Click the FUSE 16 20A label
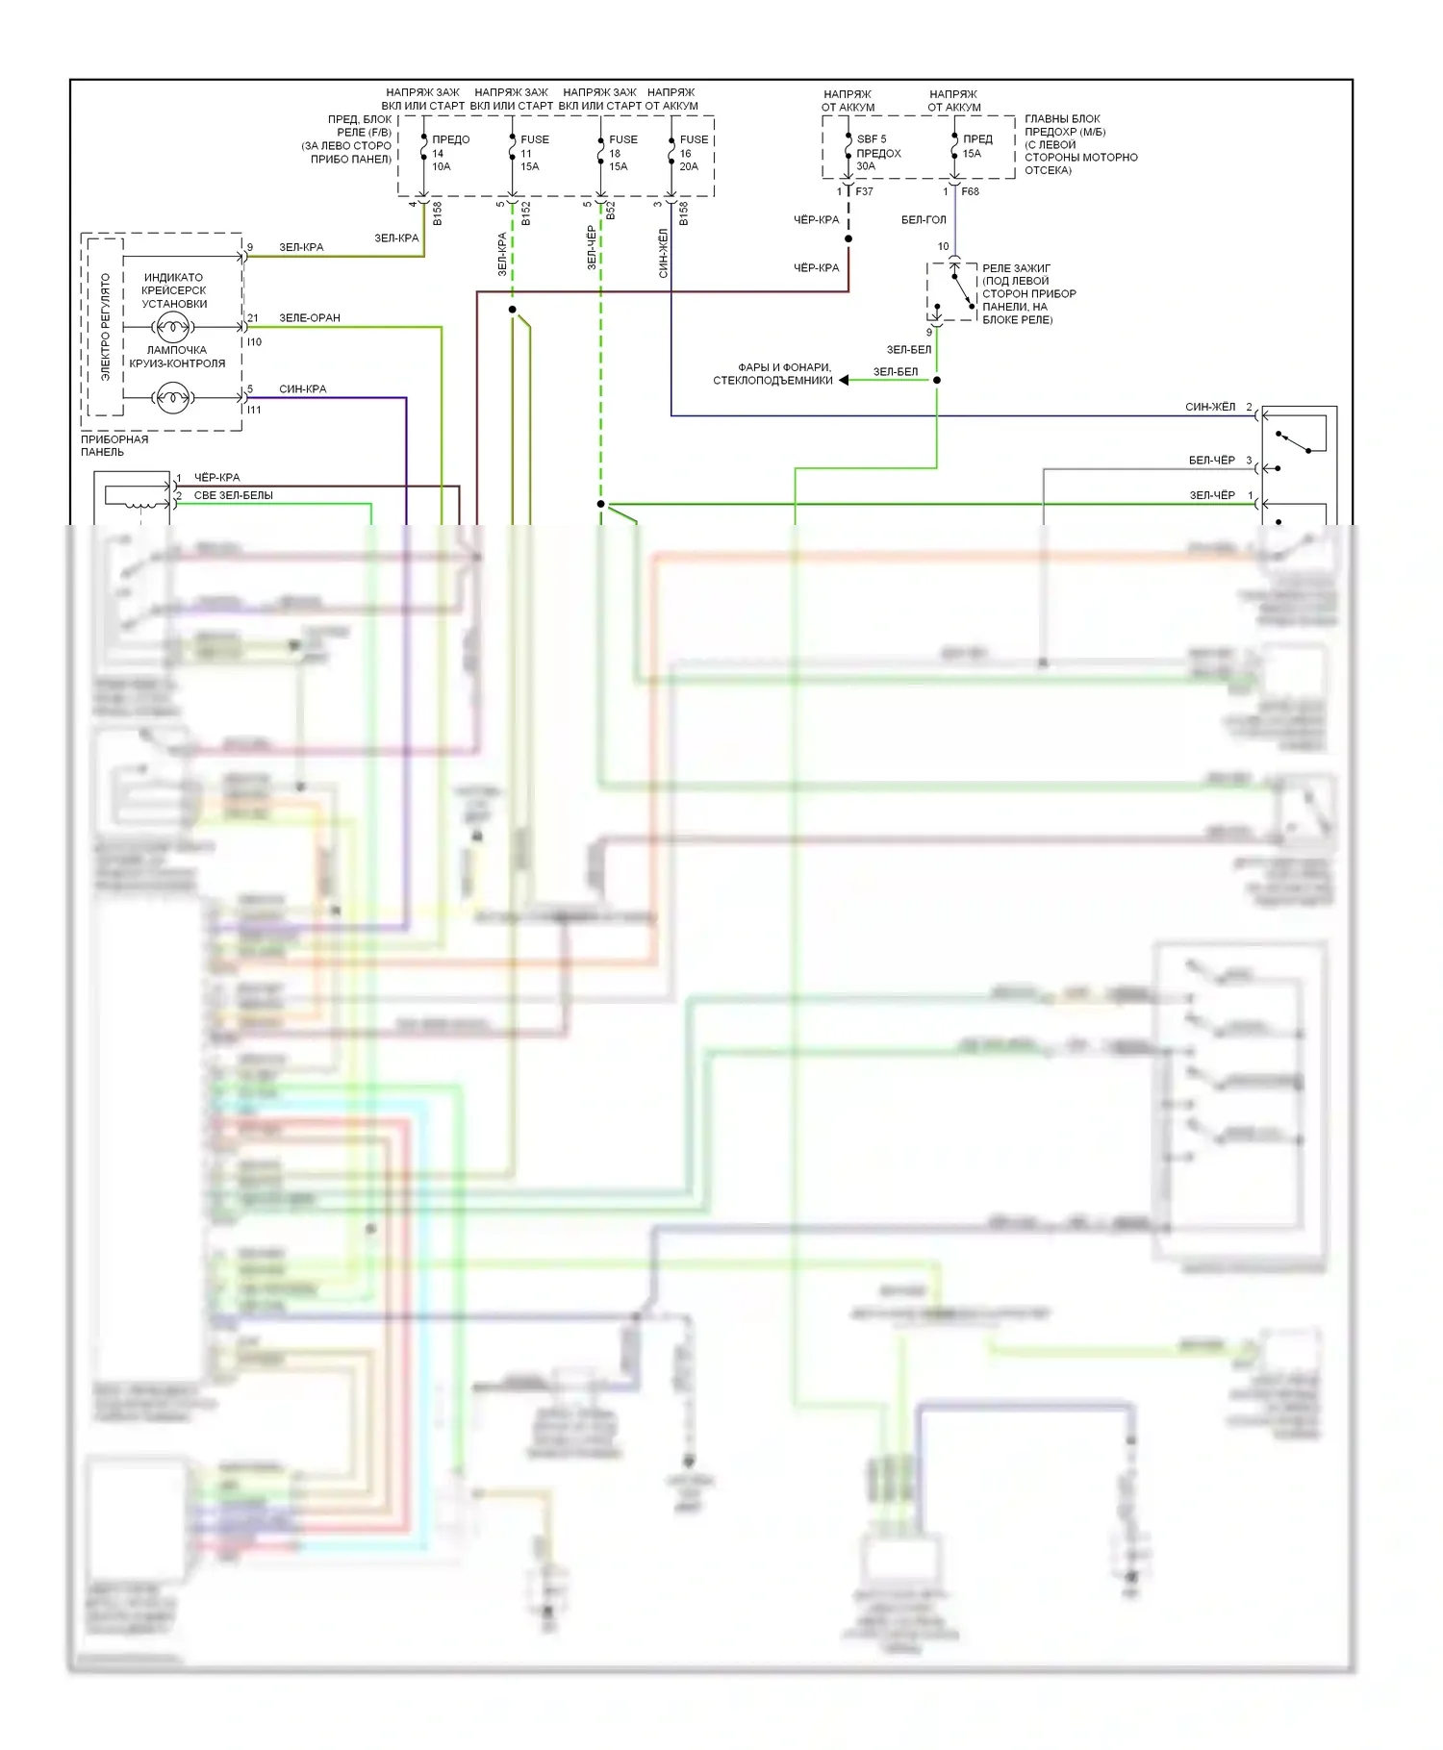tap(692, 153)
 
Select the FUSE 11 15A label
tap(534, 153)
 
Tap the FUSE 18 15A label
tap(621, 153)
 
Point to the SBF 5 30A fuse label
tap(876, 152)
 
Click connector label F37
tap(864, 191)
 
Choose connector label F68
tap(970, 191)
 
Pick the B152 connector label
tap(526, 213)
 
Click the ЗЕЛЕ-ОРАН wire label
tap(309, 317)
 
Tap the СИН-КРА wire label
tap(302, 388)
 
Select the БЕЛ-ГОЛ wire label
tap(923, 220)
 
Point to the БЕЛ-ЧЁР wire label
tap(1211, 461)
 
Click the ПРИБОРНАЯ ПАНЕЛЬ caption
tap(114, 445)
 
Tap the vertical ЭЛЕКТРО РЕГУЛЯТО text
tap(106, 327)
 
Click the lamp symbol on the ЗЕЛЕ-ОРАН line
tap(173, 327)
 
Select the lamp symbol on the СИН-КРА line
tap(173, 396)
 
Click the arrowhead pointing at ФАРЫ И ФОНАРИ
tap(844, 380)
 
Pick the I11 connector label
tap(254, 410)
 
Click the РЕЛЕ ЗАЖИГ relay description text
tap(1027, 293)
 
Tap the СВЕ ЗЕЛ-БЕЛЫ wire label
tap(233, 495)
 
